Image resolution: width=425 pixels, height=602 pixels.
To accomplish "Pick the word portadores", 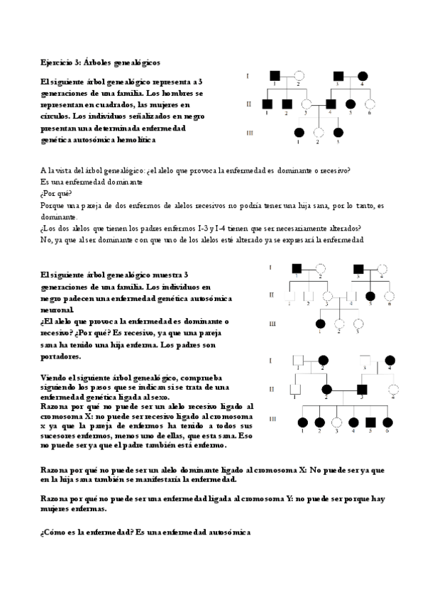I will [x=61, y=356].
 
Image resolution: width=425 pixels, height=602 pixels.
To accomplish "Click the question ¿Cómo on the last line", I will [x=53, y=532].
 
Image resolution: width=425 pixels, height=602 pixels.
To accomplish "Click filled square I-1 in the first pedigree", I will [x=272, y=75].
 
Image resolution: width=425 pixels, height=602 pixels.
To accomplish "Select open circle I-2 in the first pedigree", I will [x=299, y=75].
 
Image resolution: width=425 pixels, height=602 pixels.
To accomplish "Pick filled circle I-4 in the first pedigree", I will [x=363, y=75].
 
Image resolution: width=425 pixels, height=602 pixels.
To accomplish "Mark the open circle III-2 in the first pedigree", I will [x=319, y=132].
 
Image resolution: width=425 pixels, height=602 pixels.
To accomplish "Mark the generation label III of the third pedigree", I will [x=272, y=420].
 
